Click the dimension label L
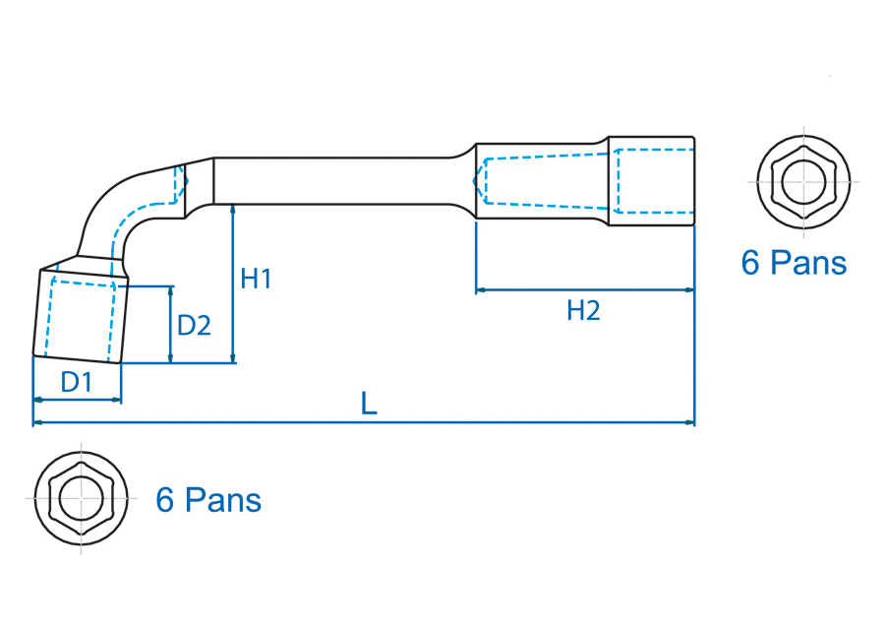pos(369,403)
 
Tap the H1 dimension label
pos(256,280)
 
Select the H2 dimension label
pos(583,312)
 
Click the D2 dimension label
pos(194,325)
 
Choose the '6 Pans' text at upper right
pos(793,263)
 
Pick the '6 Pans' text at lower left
pos(208,500)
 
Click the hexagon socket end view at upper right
pos(802,182)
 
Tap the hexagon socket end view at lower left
pos(82,498)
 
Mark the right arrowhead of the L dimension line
pos(690,423)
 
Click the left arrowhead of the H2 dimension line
pos(480,290)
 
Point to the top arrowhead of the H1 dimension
pos(233,208)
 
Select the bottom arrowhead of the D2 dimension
pos(171,358)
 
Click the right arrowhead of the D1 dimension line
pos(117,400)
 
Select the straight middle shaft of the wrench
pos(334,180)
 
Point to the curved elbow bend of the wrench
pos(118,207)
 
